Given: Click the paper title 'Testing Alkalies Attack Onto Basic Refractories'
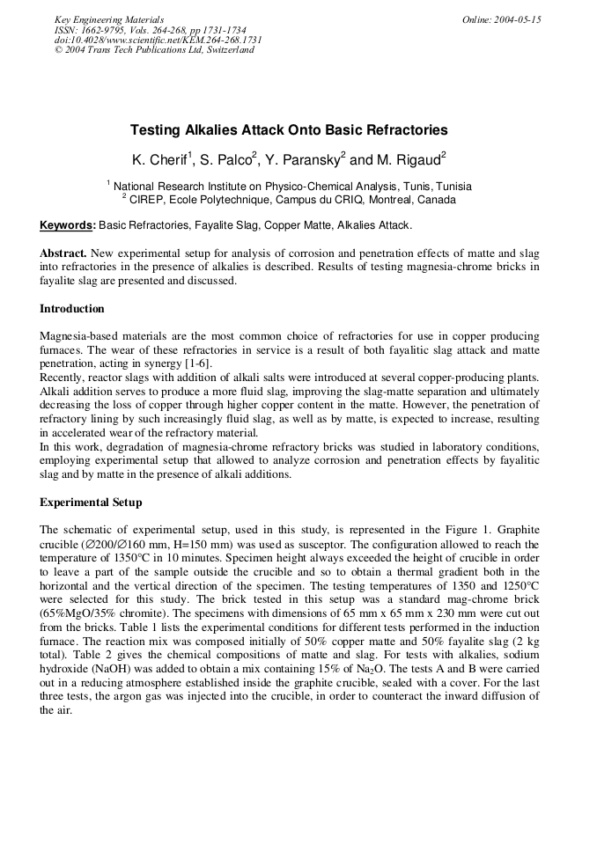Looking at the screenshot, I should pos(289,130).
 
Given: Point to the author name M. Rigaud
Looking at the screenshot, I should pos(410,159).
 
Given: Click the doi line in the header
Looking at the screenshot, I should pos(158,40).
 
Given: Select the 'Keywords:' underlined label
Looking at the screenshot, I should pos(68,225).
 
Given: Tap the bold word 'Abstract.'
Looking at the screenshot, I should pos(63,253).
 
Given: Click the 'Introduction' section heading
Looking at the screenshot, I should pos(72,309).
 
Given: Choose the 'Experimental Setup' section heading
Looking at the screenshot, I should pos(91,503).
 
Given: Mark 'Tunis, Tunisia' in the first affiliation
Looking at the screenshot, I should pos(438,187).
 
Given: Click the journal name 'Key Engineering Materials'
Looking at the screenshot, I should pos(108,19).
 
